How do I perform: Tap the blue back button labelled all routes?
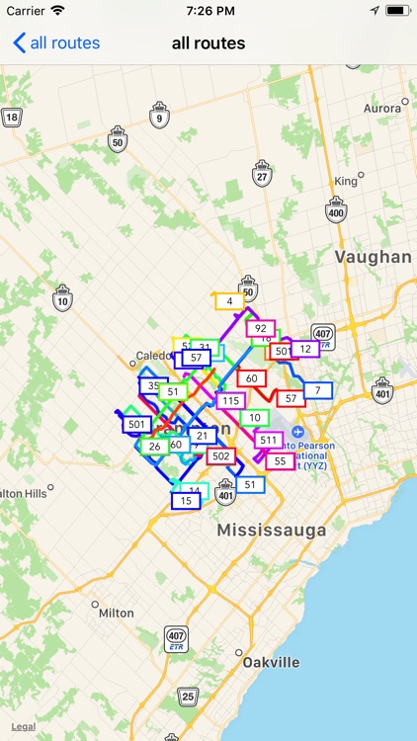56,42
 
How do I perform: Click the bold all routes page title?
208,42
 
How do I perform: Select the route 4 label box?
229,301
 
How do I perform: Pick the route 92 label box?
261,328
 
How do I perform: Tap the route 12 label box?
305,349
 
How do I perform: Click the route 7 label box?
317,390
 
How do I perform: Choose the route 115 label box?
230,401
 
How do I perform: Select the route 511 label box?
268,440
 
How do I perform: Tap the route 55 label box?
281,461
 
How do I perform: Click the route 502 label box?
220,456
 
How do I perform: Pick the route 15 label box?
186,501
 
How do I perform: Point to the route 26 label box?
154,447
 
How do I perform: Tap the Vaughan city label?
373,257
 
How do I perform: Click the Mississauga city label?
271,531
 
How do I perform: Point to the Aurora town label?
382,108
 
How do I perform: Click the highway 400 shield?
336,209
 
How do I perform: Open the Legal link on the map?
24,726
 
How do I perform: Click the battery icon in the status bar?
397,10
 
